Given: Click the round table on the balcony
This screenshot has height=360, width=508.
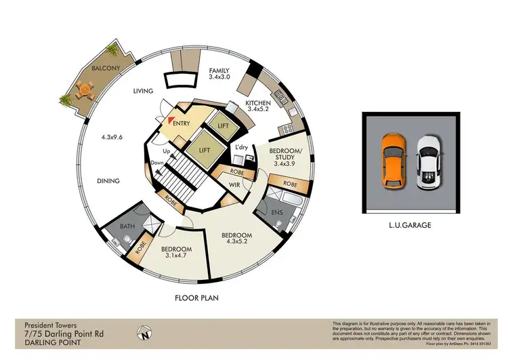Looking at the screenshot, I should coord(83,88).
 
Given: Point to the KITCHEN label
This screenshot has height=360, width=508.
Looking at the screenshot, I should coord(259,102).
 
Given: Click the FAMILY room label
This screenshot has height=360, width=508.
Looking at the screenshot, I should coord(219,71).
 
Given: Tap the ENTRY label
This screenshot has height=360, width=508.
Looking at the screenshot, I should coord(181,123).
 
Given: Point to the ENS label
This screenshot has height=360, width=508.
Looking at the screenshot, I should coord(277,212).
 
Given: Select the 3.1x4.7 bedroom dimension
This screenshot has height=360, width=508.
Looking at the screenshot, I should coord(176,256).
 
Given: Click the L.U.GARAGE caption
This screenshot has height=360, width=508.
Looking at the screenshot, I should coord(411,225).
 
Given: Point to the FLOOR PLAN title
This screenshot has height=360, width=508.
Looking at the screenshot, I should coord(196,298).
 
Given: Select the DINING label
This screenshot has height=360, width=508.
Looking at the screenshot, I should coord(108,181).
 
